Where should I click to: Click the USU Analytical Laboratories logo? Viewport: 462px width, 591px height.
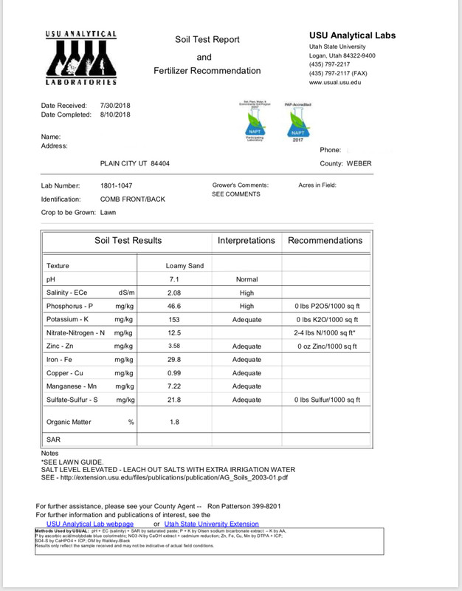(x=80, y=59)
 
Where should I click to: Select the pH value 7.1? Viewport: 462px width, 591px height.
(x=175, y=280)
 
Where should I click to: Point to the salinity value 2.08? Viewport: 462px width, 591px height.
(x=174, y=293)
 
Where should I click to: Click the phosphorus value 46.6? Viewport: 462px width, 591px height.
(x=174, y=306)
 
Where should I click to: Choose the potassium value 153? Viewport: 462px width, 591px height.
(x=174, y=319)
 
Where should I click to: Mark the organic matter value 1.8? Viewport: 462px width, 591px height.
(x=174, y=422)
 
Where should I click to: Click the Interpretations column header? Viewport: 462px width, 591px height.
(x=246, y=240)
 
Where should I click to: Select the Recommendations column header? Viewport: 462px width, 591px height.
(x=325, y=240)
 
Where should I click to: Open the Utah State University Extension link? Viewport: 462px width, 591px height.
(x=212, y=524)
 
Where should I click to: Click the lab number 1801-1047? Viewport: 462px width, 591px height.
(x=117, y=185)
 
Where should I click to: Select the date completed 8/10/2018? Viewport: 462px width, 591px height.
(x=114, y=115)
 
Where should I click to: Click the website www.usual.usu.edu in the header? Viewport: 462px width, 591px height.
(x=335, y=82)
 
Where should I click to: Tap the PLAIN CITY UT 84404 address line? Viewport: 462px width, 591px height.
(x=134, y=163)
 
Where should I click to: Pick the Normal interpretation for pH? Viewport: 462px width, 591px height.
(x=246, y=280)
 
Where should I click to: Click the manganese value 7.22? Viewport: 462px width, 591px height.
(x=174, y=386)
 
